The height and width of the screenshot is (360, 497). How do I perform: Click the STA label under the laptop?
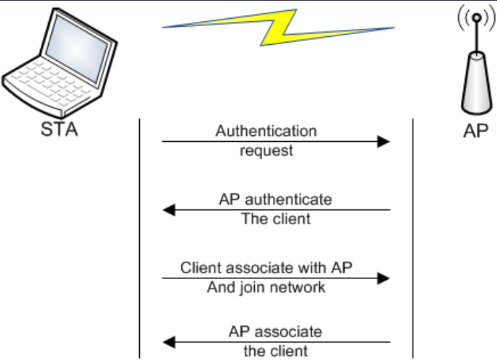pos(59,129)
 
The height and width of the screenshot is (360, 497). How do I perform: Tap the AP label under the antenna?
pos(475,130)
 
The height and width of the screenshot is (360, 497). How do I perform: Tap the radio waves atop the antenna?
pos(475,21)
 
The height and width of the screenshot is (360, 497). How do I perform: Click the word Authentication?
pos(266,130)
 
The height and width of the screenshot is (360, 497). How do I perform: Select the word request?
pos(266,151)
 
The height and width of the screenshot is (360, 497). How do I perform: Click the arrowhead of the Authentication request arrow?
pos(383,141)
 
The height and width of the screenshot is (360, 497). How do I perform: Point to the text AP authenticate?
pos(275,199)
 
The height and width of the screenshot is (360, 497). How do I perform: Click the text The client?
pos(276,219)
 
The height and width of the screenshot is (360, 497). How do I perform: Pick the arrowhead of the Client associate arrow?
pos(383,278)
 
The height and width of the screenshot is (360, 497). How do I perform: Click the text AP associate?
pos(275,331)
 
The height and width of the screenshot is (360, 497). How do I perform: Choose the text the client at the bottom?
pos(275,351)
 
